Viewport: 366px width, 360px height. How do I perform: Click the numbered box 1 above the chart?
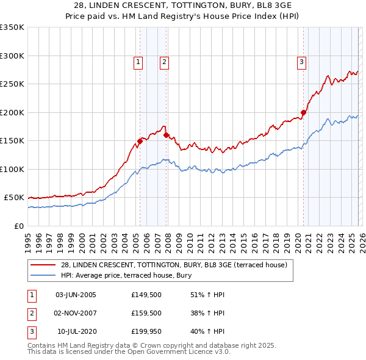click(138, 61)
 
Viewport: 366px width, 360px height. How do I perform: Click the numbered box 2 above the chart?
click(165, 61)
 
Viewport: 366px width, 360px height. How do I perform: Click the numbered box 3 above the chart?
click(301, 61)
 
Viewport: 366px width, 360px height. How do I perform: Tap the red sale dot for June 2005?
click(140, 141)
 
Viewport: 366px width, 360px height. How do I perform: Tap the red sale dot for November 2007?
click(166, 135)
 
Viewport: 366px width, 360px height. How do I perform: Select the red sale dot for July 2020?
click(303, 112)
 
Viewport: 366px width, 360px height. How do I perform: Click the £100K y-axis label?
click(12, 169)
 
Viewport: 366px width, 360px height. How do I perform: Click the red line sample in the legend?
click(43, 265)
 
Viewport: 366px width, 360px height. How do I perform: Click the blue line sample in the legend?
click(43, 275)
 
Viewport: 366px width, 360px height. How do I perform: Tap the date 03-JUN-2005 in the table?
click(76, 295)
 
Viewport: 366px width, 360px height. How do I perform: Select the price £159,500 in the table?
click(146, 313)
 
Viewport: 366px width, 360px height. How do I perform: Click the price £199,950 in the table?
click(146, 331)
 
